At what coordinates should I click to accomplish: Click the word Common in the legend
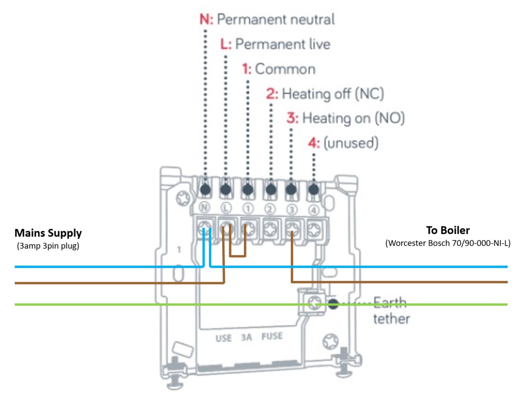pos(285,69)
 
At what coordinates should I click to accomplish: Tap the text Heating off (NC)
pos(333,93)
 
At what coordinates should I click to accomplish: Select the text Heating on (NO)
pos(353,118)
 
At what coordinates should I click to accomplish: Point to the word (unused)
pos(351,143)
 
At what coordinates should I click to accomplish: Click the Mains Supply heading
pos(48,233)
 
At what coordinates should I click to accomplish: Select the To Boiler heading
pos(448,230)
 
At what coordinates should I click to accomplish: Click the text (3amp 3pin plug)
pos(48,246)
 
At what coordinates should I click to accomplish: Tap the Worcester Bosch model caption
pos(448,243)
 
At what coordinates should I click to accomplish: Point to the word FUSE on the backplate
pos(272,337)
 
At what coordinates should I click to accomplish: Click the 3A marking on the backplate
pos(247,338)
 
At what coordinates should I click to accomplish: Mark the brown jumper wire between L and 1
pos(237,256)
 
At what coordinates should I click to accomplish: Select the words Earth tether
pos(391,311)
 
